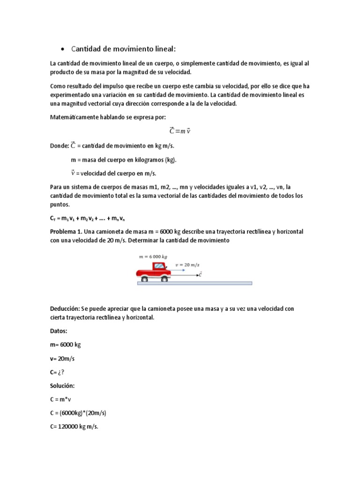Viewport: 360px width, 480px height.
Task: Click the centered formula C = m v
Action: tap(180, 131)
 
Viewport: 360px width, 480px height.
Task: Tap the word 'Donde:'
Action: tap(59, 146)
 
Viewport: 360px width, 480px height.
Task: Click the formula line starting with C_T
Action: tap(88, 219)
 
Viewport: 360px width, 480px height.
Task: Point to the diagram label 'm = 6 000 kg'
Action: tap(153, 257)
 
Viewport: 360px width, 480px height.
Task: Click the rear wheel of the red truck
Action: tap(144, 279)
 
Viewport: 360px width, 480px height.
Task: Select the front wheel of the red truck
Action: tap(164, 279)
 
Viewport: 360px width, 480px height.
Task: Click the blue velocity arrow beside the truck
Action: tap(180, 270)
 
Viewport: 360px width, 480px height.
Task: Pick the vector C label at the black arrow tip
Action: tap(200, 274)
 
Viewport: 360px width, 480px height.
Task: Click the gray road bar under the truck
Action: tap(195, 283)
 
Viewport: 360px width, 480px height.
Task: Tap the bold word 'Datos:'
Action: tap(59, 331)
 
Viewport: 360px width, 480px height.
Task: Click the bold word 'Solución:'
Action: tap(62, 386)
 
